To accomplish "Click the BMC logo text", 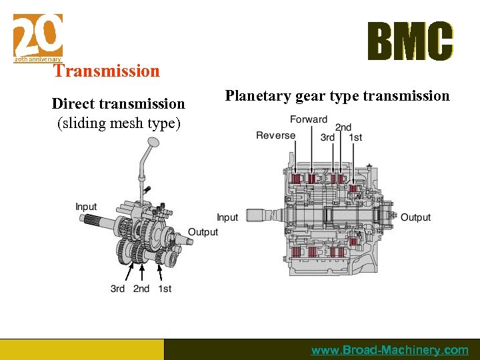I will coord(410,41).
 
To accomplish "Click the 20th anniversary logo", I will coord(38,37).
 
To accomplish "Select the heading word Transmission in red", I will coord(107,71).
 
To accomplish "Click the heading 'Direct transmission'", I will coord(119,103).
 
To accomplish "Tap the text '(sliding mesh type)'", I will coord(119,123).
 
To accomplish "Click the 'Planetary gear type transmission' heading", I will coord(337,96).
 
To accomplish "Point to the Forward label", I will coord(309,119).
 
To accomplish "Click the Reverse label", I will coord(275,135).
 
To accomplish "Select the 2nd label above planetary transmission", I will coord(343,127).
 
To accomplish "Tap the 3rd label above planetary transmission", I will coord(327,137).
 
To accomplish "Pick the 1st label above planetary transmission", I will coord(356,137).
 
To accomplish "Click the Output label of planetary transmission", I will coord(415,217).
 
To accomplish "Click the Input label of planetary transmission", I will coord(227,217).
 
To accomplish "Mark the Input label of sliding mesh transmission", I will coord(86,207).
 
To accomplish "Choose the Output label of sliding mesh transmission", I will coord(203,232).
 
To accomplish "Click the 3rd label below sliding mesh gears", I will coord(117,289).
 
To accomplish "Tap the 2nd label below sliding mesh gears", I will coord(141,289).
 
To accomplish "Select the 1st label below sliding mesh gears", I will coord(165,289).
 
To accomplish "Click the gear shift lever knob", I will coord(152,143).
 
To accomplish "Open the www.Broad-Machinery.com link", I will coord(389,350).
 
